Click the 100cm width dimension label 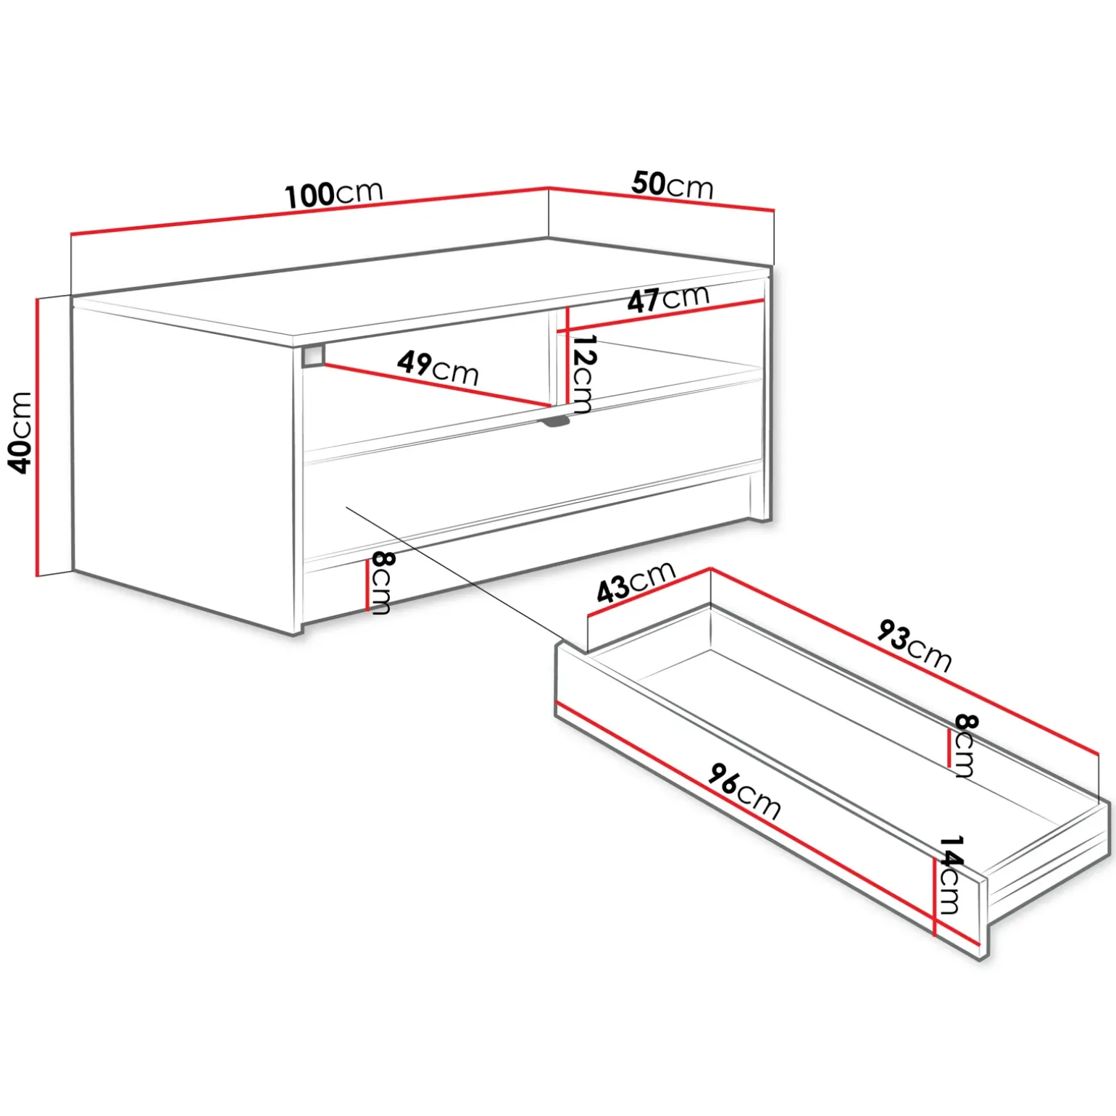(x=333, y=193)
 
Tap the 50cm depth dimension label (x=672, y=185)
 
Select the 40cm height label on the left (x=20, y=433)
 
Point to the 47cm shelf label (x=668, y=298)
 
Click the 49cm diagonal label (x=438, y=367)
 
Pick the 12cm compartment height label (x=583, y=374)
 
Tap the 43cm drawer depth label (x=636, y=582)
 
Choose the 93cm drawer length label (x=914, y=645)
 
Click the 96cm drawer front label (x=744, y=791)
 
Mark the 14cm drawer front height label (x=950, y=875)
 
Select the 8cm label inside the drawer (x=965, y=746)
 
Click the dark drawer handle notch (x=554, y=422)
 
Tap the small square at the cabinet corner (x=313, y=355)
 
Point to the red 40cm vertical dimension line (x=36, y=437)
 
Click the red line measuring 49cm (x=436, y=385)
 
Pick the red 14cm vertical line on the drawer (x=936, y=896)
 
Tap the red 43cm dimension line (x=649, y=592)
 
